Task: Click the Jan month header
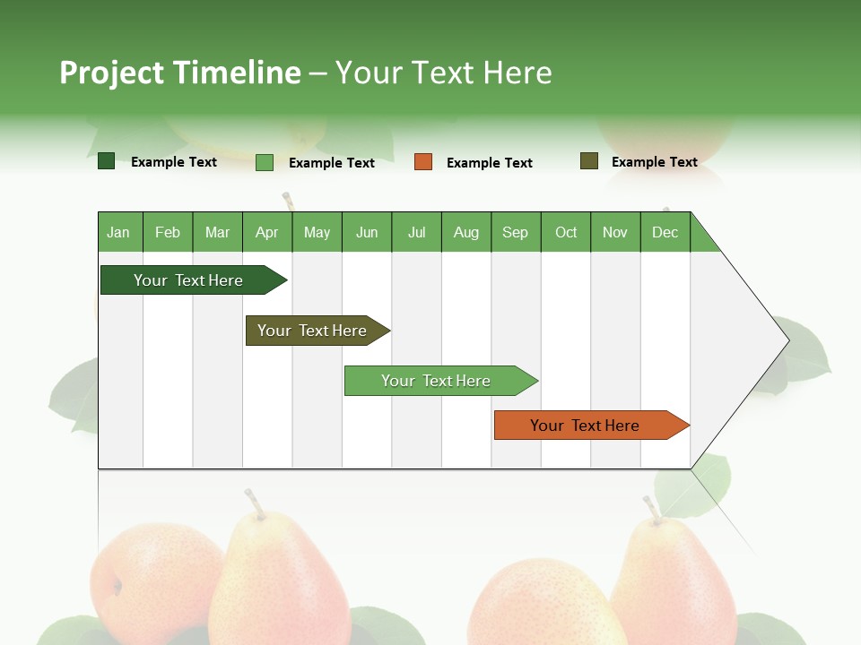click(x=119, y=232)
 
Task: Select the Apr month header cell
click(x=267, y=232)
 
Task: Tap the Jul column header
click(x=416, y=232)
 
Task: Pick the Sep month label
click(x=515, y=232)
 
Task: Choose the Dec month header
click(x=665, y=232)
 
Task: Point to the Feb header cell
click(x=168, y=232)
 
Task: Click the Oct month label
click(x=566, y=232)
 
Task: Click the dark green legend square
click(x=106, y=161)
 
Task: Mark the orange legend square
click(x=423, y=162)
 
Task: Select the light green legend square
click(x=265, y=162)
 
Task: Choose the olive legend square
click(x=589, y=161)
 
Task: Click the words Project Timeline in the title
click(x=179, y=73)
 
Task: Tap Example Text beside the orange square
click(x=489, y=163)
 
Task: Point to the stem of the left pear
click(x=255, y=504)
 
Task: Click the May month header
click(x=317, y=232)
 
